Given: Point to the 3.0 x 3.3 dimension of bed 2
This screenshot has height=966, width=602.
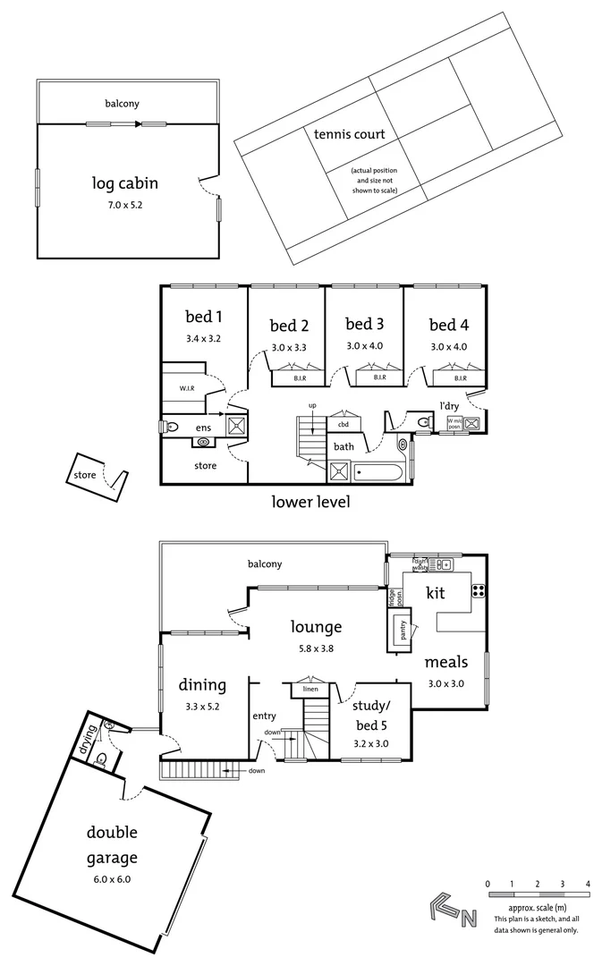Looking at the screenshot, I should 289,347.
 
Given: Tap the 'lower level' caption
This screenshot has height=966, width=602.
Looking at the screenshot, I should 309,502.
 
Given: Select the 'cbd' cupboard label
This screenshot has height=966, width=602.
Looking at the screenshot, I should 343,424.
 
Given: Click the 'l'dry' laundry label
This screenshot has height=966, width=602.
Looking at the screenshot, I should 449,405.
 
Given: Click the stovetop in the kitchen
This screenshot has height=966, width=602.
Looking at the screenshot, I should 479,589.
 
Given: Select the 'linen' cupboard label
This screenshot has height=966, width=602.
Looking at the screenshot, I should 309,690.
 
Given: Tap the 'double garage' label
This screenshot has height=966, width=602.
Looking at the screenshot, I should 112,845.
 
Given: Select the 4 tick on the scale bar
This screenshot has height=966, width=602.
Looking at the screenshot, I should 588,884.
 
